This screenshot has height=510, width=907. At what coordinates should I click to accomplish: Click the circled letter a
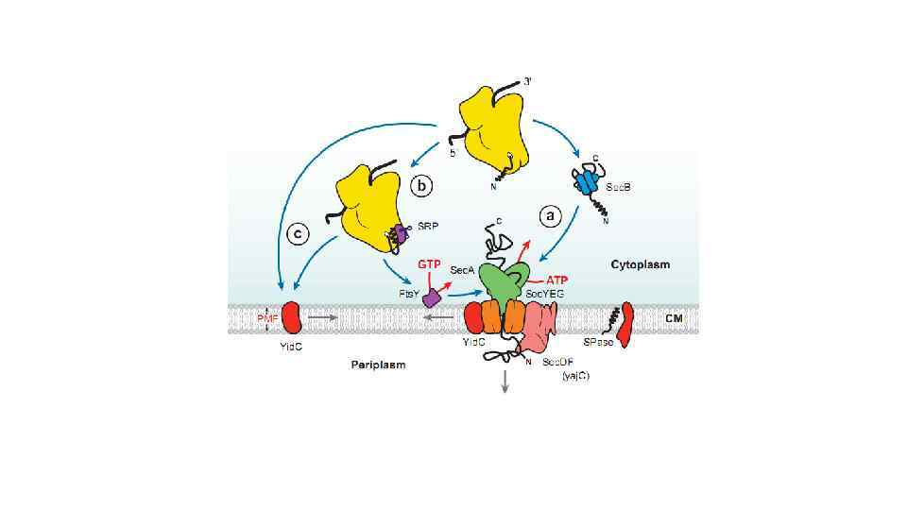(x=549, y=215)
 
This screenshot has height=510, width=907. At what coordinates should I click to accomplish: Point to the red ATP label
(x=557, y=280)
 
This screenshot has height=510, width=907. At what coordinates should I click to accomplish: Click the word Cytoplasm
(x=640, y=264)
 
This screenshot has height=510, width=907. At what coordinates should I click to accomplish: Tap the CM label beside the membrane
(x=674, y=318)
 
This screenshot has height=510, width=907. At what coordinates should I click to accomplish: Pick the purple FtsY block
(x=433, y=297)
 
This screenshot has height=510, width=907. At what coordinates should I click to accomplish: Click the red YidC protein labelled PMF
(x=290, y=317)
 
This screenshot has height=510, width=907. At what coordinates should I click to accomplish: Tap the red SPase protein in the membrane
(x=624, y=325)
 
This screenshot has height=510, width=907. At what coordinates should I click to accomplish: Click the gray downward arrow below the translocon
(x=505, y=380)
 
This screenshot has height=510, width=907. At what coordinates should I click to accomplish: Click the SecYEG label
(x=545, y=295)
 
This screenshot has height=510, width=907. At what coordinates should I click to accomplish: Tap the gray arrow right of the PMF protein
(x=323, y=318)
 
